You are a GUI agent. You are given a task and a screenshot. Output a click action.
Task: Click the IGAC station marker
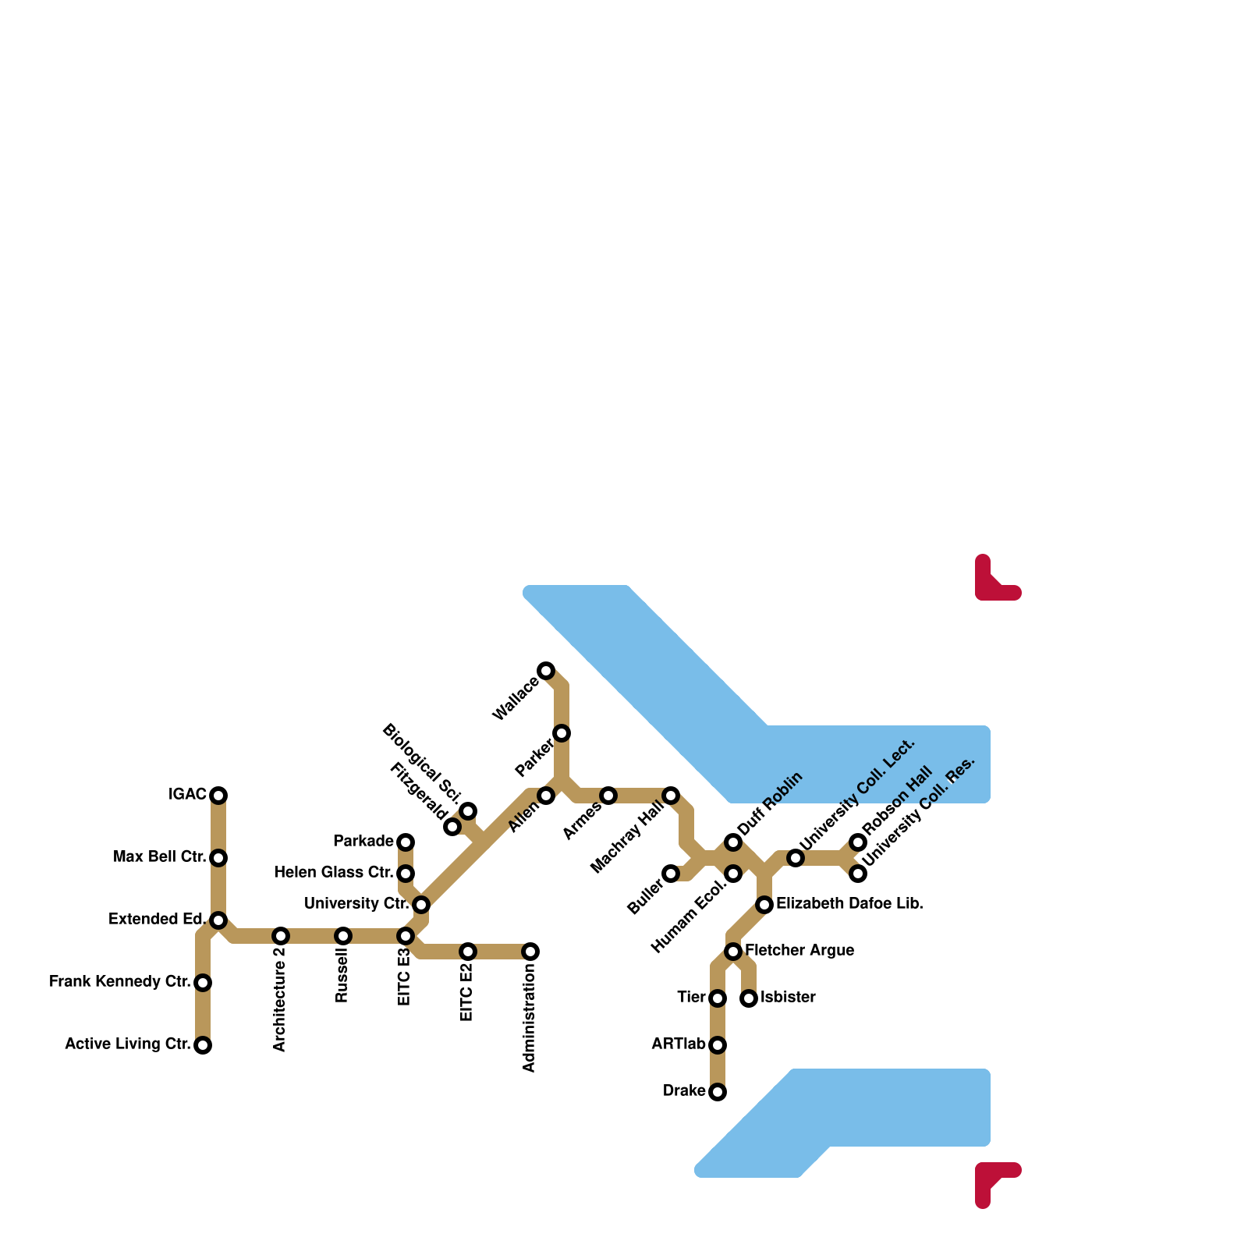(218, 796)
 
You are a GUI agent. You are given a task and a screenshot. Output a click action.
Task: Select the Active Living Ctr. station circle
(203, 1045)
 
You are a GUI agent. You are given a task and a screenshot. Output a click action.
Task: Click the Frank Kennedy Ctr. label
(119, 982)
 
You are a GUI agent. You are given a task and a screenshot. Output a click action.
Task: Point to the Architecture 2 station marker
(281, 936)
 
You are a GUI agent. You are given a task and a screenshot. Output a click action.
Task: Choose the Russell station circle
(343, 936)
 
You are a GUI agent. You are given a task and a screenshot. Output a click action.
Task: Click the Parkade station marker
(406, 842)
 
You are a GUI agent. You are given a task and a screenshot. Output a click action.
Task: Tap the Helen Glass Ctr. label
(333, 873)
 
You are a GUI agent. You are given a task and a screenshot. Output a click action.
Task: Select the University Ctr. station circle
(421, 905)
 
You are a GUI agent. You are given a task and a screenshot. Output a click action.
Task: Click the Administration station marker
(530, 952)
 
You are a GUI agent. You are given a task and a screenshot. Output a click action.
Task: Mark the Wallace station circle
(546, 671)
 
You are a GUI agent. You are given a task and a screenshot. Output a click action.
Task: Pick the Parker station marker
(562, 733)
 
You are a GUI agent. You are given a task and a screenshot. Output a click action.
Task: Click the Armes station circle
(608, 796)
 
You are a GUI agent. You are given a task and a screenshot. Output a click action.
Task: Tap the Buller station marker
(671, 874)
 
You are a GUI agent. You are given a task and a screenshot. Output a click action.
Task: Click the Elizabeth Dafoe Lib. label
(849, 904)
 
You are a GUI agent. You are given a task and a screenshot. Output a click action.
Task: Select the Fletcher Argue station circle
(733, 952)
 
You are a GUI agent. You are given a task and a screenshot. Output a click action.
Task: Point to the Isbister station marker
(749, 998)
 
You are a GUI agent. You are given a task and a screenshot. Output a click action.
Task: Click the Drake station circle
(718, 1092)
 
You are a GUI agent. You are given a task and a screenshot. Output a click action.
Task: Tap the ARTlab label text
(678, 1044)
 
